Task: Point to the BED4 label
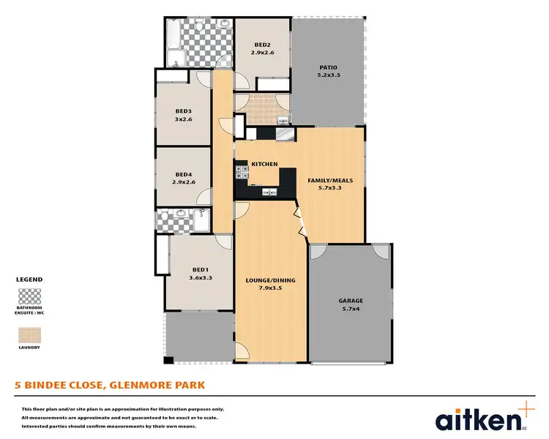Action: click(x=183, y=174)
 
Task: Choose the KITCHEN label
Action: click(x=264, y=164)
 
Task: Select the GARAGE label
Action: click(x=351, y=301)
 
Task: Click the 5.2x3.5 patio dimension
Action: click(x=328, y=75)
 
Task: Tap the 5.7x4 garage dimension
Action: click(x=351, y=309)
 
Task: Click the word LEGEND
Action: click(x=29, y=279)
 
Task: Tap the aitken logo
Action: click(x=479, y=418)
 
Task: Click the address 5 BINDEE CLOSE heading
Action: click(x=111, y=384)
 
